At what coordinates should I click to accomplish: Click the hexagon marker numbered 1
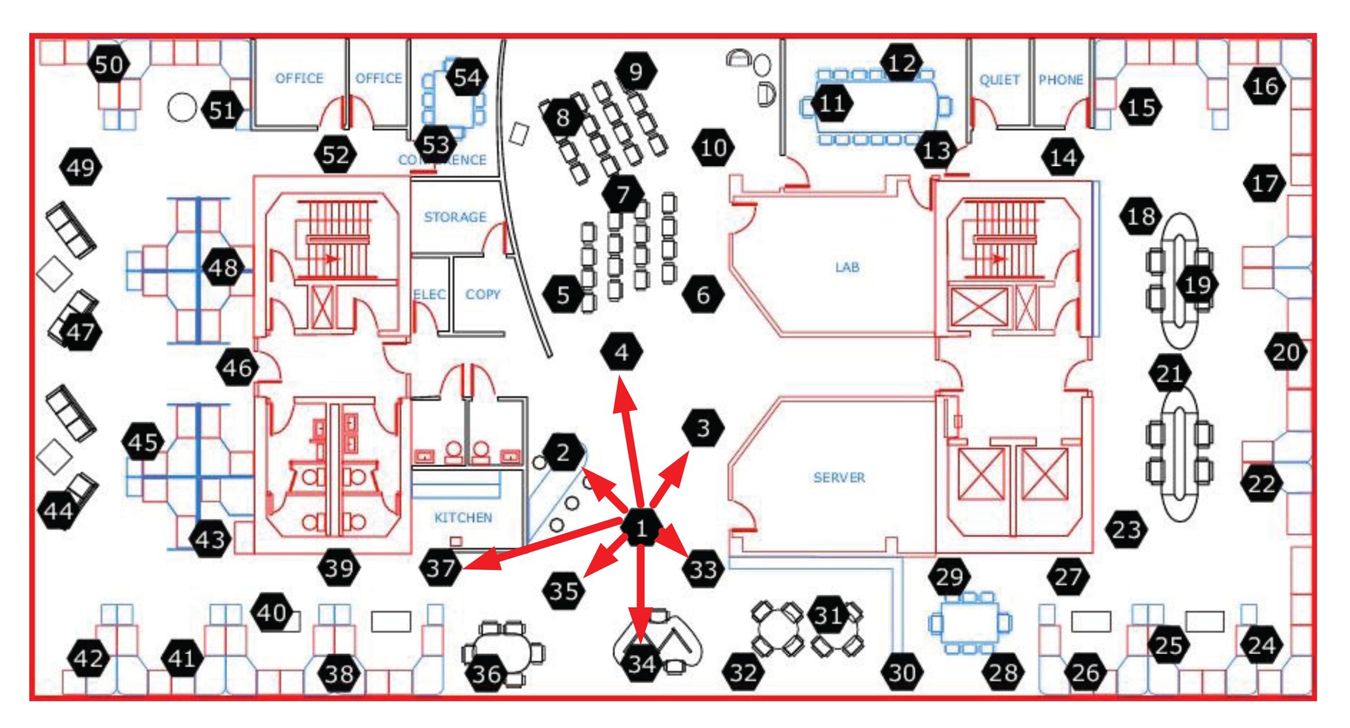642,528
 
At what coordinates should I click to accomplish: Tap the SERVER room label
839,477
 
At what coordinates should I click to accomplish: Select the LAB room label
847,267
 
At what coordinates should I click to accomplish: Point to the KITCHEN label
463,518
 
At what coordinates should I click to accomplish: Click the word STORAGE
455,217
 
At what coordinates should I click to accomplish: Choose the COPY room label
483,295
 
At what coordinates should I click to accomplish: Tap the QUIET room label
999,80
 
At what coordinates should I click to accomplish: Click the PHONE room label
1061,80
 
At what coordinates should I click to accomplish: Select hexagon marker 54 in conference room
467,78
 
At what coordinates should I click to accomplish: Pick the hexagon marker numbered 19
1197,285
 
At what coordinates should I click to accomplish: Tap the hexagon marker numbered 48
223,268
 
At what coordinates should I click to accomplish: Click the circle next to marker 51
182,108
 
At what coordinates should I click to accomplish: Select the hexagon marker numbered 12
901,63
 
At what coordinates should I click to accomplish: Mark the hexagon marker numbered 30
902,673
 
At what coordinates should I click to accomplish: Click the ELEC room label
430,295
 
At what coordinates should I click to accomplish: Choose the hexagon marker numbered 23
1126,530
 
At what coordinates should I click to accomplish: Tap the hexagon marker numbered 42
89,659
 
